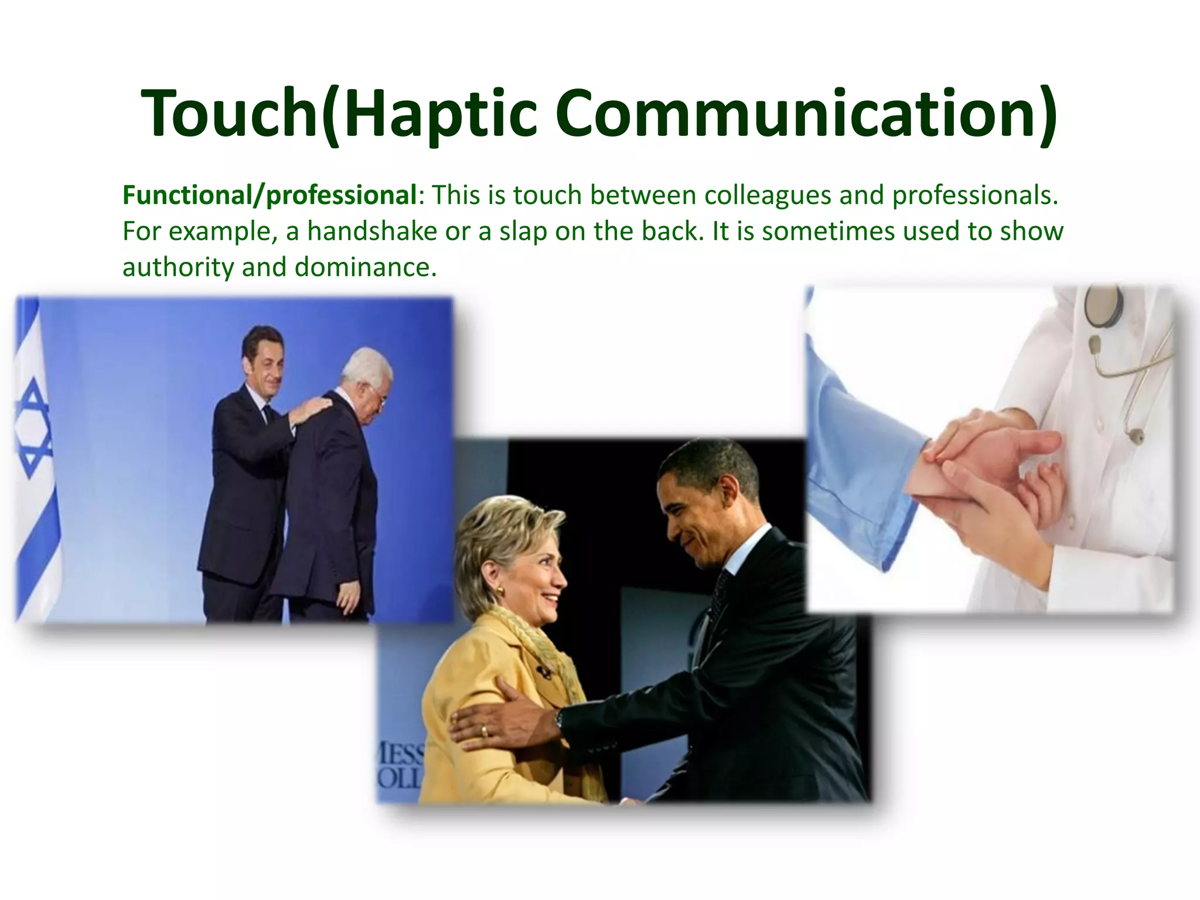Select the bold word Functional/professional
click(x=269, y=195)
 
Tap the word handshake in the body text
click(x=372, y=231)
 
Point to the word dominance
click(x=366, y=267)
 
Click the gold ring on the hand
click(x=484, y=731)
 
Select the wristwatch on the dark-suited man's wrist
click(x=560, y=718)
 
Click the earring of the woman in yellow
click(x=501, y=587)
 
